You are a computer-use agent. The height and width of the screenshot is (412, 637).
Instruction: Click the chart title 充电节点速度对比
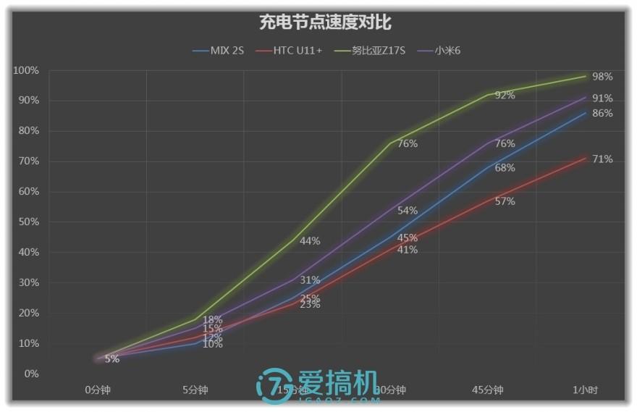point(325,22)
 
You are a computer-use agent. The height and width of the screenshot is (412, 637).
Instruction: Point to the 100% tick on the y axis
point(26,70)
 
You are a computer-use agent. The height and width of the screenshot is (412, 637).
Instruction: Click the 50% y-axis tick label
point(29,222)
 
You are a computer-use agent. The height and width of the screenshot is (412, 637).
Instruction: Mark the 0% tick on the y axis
point(31,374)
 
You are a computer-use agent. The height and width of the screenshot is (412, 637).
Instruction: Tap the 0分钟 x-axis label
point(98,390)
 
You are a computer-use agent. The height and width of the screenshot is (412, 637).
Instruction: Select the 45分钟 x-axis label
point(486,390)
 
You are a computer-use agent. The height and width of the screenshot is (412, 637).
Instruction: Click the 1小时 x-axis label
point(585,390)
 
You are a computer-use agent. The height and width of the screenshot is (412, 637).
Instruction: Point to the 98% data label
point(602,77)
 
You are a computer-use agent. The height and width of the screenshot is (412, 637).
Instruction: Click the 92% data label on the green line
point(505,96)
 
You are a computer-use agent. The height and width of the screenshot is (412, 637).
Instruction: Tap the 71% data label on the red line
point(602,159)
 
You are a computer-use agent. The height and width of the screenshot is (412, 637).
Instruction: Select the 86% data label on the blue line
point(602,114)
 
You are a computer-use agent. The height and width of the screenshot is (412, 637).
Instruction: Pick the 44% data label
point(310,241)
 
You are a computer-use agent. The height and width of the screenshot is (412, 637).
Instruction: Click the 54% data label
point(408,211)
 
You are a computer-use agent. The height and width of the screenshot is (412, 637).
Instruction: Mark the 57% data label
point(505,201)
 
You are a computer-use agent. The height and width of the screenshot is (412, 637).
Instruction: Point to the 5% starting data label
point(111,359)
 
